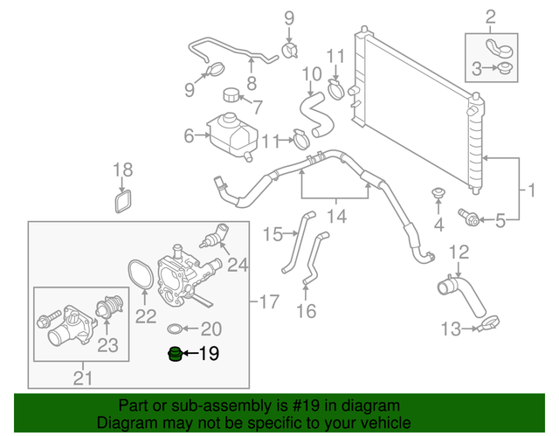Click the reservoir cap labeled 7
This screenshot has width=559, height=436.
click(x=231, y=94)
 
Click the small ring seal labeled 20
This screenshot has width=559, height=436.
click(x=175, y=329)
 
